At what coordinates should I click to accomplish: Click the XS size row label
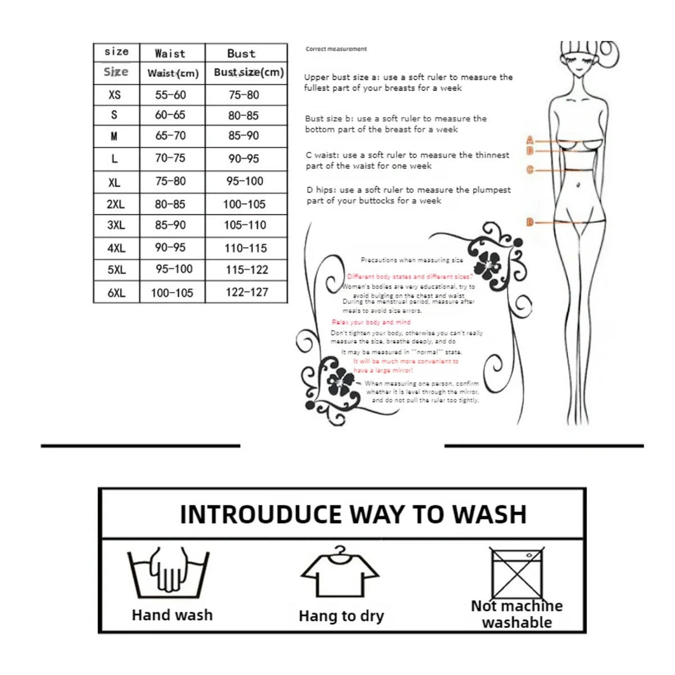click(114, 95)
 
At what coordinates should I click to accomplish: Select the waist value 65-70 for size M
click(171, 136)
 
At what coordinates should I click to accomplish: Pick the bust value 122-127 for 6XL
click(247, 292)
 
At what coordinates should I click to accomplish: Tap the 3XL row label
click(116, 225)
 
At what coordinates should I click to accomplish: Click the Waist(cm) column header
click(173, 73)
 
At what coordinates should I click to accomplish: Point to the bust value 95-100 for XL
click(245, 181)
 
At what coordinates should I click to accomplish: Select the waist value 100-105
click(172, 293)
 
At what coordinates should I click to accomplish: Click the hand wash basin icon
click(168, 574)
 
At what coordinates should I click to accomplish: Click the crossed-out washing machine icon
click(517, 572)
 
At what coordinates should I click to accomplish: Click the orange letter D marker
click(530, 222)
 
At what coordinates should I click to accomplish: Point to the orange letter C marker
click(530, 170)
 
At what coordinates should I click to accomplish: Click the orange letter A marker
click(530, 140)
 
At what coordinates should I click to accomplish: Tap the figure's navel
click(578, 185)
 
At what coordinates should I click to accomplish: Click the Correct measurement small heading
click(336, 49)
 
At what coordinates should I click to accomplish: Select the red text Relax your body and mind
click(371, 322)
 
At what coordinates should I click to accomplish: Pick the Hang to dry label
click(341, 616)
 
